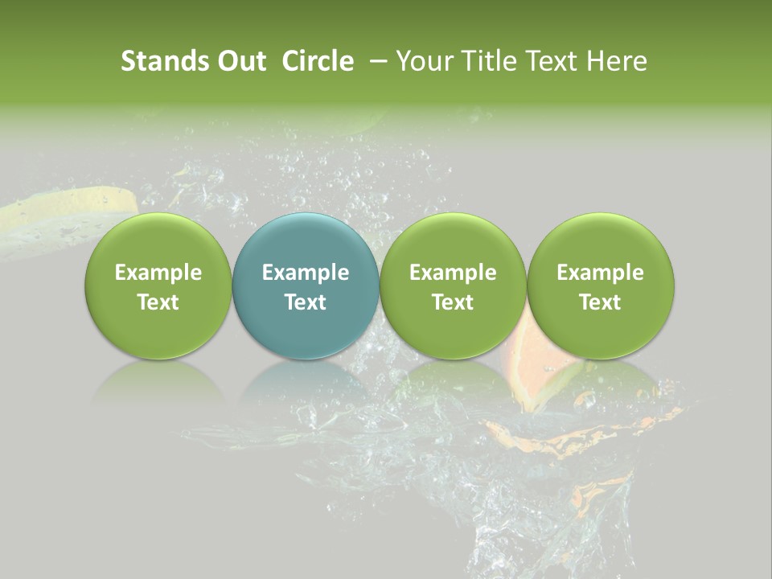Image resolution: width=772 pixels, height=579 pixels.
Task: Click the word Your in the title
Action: pos(424,61)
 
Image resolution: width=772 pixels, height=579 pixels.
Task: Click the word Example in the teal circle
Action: pos(306,273)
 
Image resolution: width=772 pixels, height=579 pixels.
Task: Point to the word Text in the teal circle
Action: pos(306,302)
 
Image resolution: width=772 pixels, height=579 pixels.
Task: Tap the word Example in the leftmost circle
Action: pos(158,273)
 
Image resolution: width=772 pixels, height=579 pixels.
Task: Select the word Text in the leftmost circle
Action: pos(158,302)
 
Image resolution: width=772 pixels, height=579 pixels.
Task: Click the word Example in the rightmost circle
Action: pos(600,273)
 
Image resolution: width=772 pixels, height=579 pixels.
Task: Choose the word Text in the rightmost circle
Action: pos(600,302)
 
